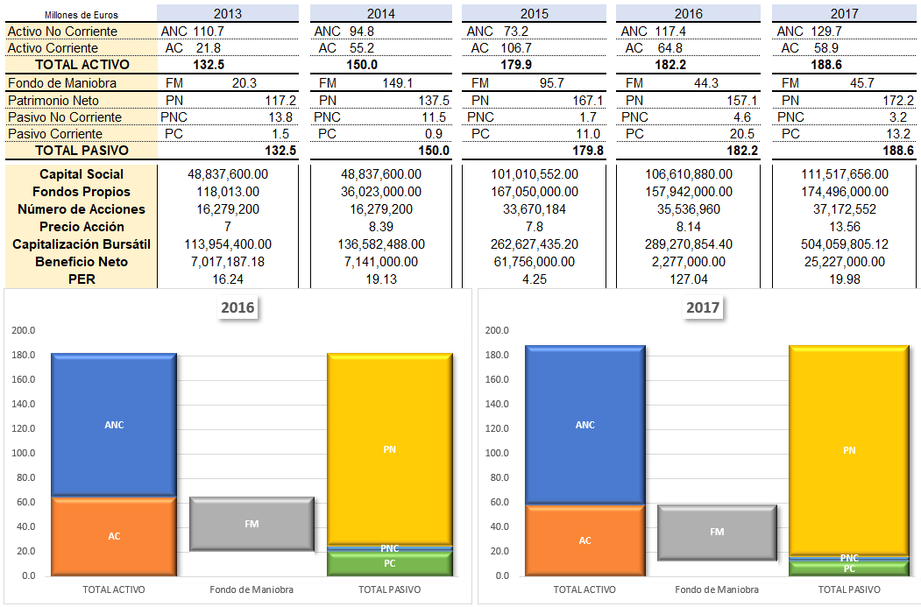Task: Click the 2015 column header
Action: [535, 14]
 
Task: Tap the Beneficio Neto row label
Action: [82, 262]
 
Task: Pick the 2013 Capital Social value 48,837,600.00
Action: [228, 174]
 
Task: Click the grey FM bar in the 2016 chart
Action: [252, 524]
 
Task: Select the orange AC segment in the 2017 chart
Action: [584, 540]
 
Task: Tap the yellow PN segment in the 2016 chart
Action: [390, 449]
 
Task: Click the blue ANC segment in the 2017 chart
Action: [584, 425]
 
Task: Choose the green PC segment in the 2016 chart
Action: [390, 563]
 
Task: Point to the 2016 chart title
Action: [239, 308]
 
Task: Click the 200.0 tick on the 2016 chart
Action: [24, 331]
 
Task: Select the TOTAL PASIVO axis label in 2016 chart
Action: [390, 589]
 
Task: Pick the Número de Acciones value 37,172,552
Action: [844, 209]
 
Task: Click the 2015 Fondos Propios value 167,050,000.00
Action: [534, 192]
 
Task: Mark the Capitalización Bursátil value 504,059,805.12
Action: [844, 244]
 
